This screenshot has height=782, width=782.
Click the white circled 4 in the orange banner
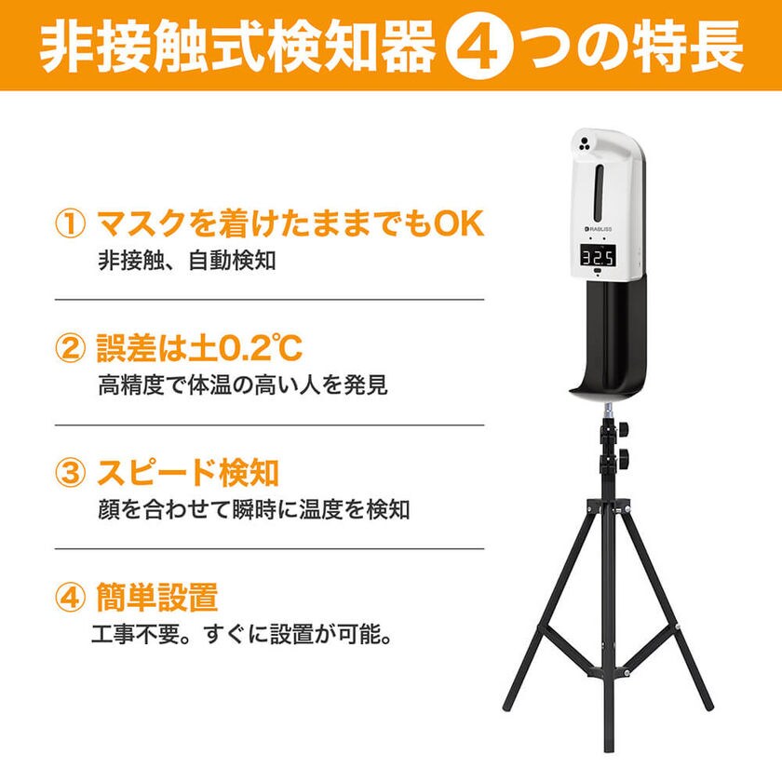(x=478, y=47)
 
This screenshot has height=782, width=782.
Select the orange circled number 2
(x=70, y=348)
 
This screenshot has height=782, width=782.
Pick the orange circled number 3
(x=70, y=472)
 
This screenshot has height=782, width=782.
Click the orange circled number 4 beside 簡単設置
(x=70, y=597)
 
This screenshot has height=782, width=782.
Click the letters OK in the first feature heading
(x=459, y=223)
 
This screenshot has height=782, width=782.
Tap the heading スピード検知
(x=187, y=472)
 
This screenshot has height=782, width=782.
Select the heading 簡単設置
(x=157, y=597)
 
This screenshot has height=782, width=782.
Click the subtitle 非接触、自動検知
(x=186, y=261)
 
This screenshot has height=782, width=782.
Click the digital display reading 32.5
(x=598, y=258)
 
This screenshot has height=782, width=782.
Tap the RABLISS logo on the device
(x=598, y=229)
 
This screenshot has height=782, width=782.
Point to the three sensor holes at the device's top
(x=585, y=143)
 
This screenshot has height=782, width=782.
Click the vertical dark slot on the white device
(x=600, y=188)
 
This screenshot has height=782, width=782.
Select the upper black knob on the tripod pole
(x=624, y=429)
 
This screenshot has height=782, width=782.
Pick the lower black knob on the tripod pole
(x=624, y=455)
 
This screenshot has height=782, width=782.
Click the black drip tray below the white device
(x=608, y=340)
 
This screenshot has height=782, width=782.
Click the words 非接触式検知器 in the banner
(x=236, y=47)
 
